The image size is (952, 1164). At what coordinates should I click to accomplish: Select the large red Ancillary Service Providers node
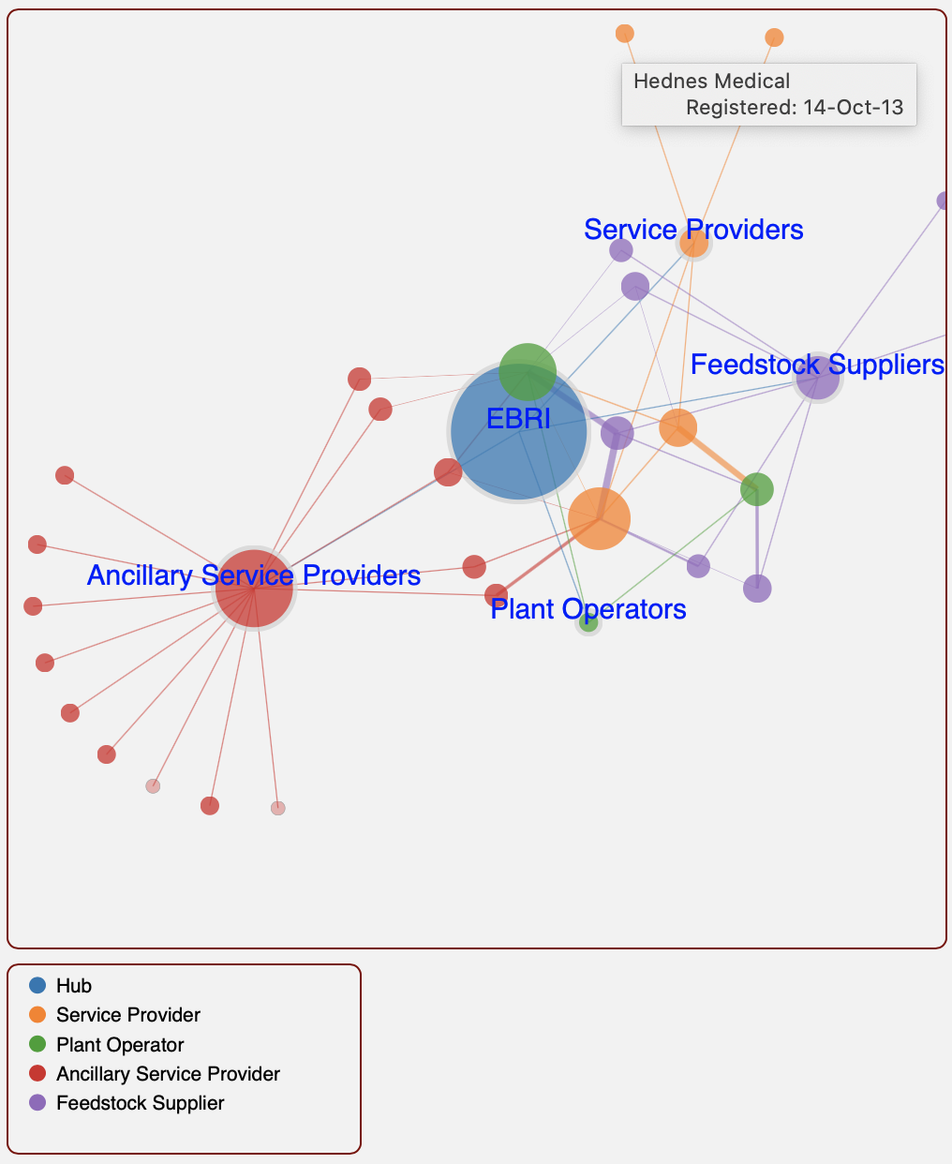pos(254,588)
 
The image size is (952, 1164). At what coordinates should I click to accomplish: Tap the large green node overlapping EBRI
pos(528,371)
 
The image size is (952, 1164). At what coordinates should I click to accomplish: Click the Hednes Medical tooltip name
pos(711,81)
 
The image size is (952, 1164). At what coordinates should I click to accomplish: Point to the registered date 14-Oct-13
pos(853,108)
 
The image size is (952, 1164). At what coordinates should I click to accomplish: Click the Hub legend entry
pos(73,986)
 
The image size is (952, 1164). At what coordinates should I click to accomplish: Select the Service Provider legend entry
pos(127,1015)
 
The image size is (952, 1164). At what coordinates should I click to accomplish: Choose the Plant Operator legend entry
pos(120,1045)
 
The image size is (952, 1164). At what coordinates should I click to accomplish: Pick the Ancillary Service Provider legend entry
pos(168,1074)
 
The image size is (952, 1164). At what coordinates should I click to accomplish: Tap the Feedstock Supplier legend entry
pos(140,1103)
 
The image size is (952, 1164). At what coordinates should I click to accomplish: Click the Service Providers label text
pos(693,230)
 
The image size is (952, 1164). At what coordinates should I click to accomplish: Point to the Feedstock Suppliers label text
pos(817,365)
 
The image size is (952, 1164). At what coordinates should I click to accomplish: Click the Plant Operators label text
pos(588,609)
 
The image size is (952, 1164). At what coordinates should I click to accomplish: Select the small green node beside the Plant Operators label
pos(588,623)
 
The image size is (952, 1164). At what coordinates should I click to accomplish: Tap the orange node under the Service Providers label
pos(693,244)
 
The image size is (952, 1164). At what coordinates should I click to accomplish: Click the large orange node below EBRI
pos(599,518)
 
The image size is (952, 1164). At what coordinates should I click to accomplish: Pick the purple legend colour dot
pos(37,1103)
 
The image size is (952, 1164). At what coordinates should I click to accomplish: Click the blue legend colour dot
pos(37,986)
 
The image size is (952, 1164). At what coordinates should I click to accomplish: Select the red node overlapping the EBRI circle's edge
pos(448,472)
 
